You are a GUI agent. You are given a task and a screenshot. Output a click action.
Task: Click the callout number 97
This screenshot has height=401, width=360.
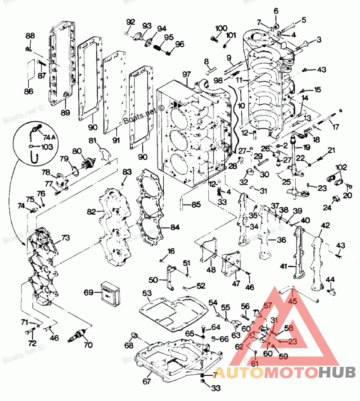click(187, 74)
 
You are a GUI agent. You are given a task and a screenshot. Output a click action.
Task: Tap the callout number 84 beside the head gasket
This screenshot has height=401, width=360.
click(175, 227)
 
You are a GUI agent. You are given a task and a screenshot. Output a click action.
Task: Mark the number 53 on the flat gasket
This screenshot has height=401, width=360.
click(147, 294)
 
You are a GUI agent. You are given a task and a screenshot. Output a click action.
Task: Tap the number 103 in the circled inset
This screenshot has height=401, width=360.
click(47, 147)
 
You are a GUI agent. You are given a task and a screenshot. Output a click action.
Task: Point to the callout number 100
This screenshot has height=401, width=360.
click(221, 29)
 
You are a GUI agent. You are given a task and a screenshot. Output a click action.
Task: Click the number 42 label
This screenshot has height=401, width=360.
click(325, 225)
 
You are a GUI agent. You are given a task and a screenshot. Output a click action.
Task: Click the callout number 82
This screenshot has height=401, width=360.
click(92, 211)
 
